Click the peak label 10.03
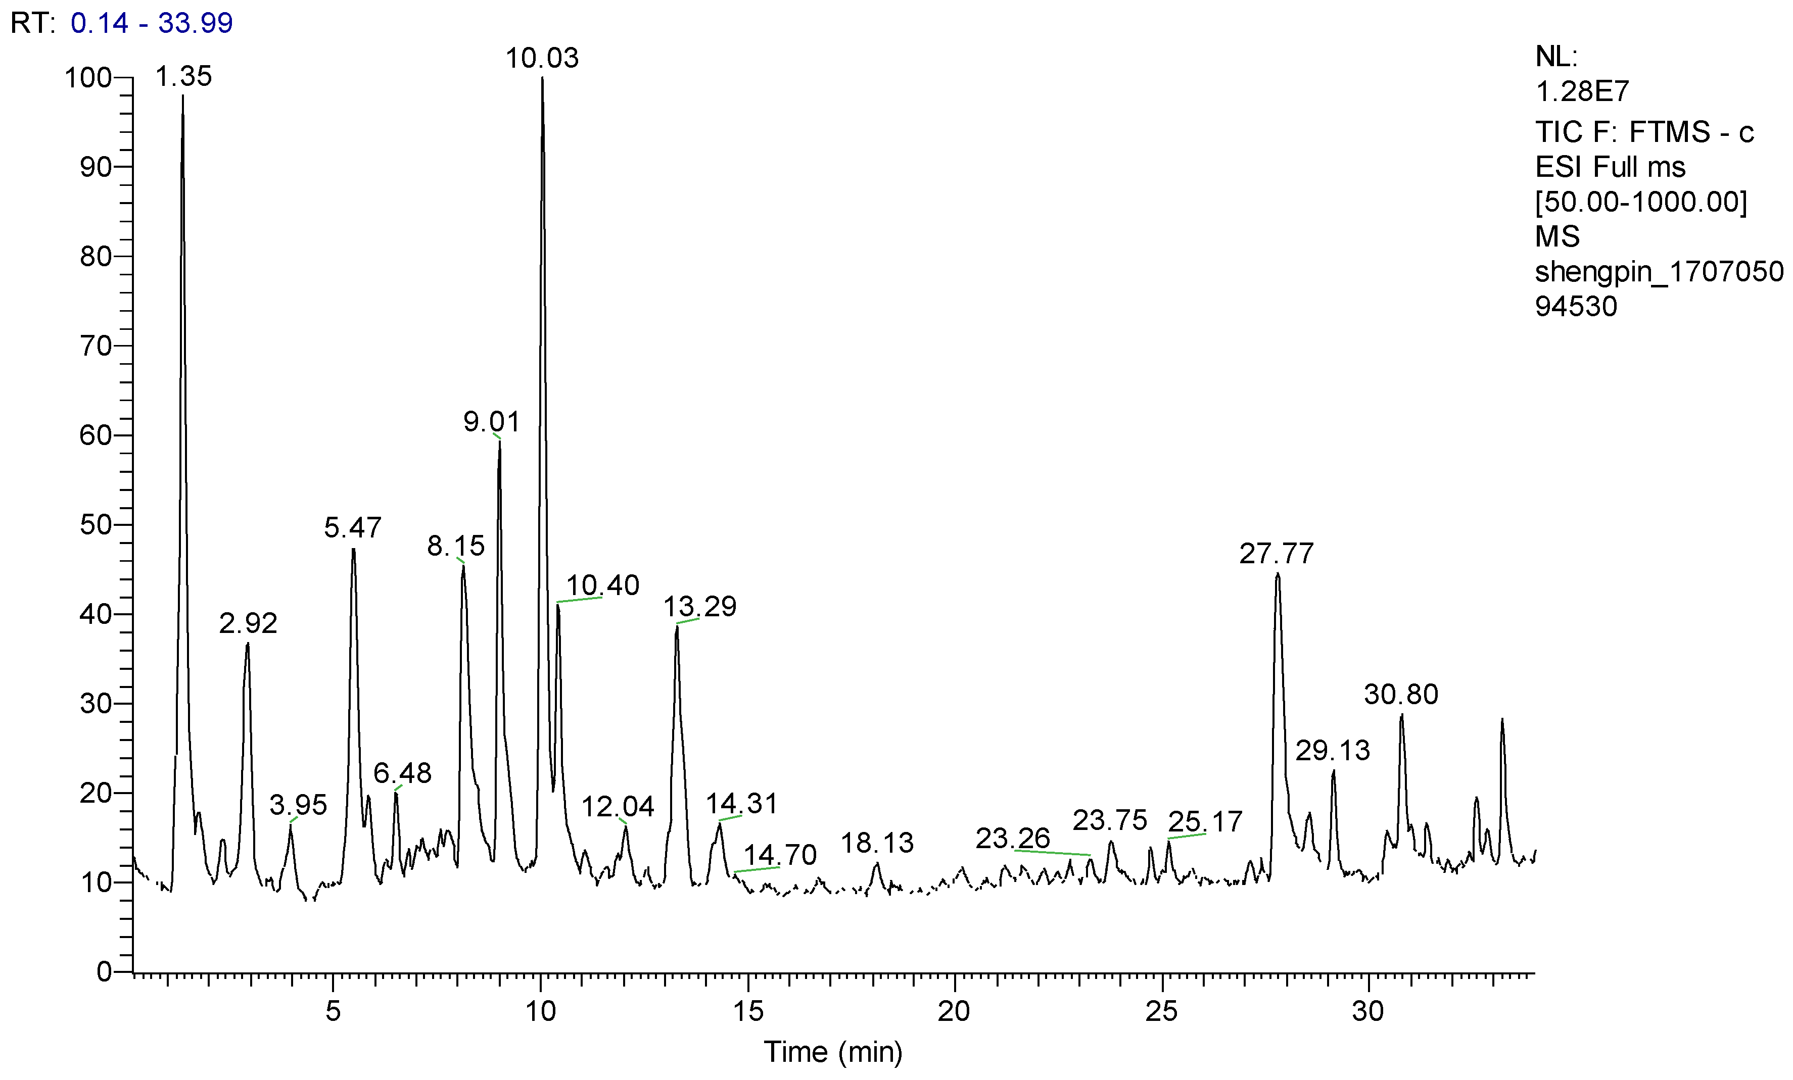tap(542, 58)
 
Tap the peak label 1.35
tap(183, 76)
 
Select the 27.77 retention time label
tap(1277, 554)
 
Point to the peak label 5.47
tap(352, 527)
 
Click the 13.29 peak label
tap(699, 607)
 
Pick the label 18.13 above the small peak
tap(877, 843)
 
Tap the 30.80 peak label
tap(1401, 695)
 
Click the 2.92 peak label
tap(248, 623)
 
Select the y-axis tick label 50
tap(96, 525)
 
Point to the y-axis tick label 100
tap(88, 78)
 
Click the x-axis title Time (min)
tap(832, 1052)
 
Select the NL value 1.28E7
tap(1582, 91)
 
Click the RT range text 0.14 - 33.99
tap(152, 23)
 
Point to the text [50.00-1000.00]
tap(1641, 202)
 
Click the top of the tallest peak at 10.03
tap(542, 78)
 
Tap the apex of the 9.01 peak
tap(499, 440)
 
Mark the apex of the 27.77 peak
tap(1277, 574)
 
